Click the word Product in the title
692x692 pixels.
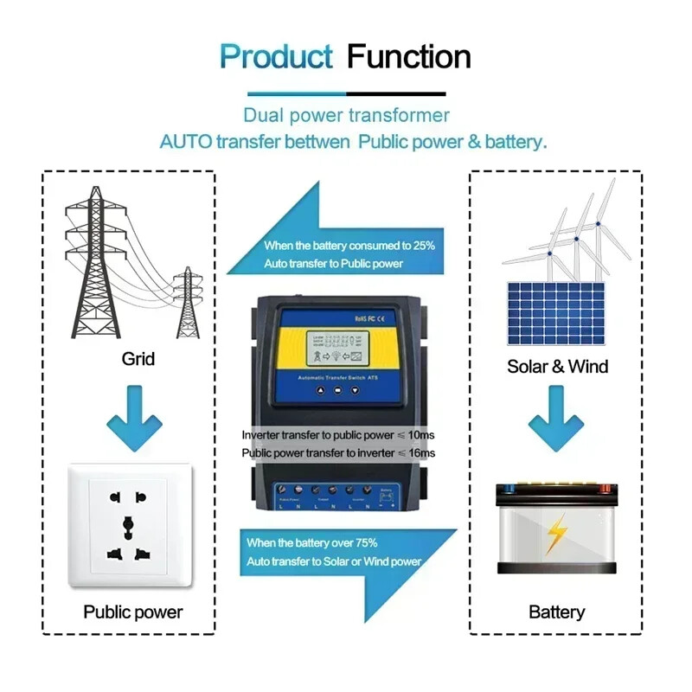(x=276, y=57)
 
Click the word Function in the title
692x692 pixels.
(x=408, y=57)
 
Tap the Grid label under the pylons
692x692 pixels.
(x=138, y=357)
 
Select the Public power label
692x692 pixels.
(x=133, y=612)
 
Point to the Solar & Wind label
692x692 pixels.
(x=557, y=366)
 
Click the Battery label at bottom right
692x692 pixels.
(x=556, y=612)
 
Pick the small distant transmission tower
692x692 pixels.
(x=187, y=303)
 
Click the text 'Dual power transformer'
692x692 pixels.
(x=346, y=115)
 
